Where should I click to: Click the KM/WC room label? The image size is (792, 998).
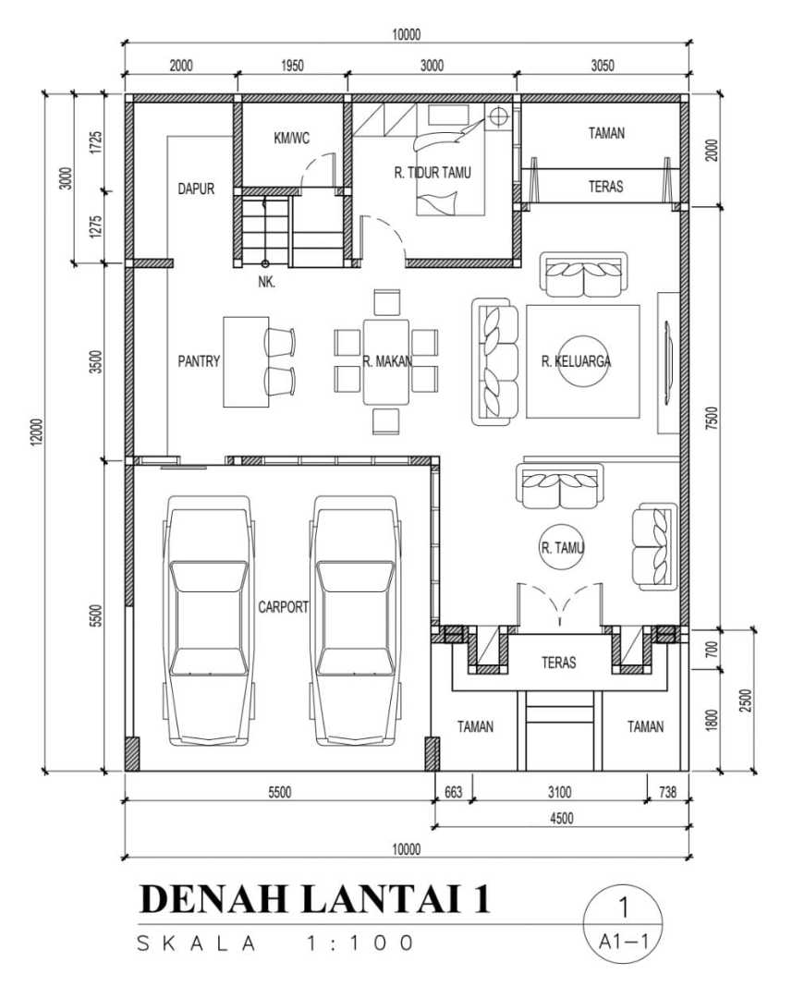tap(292, 138)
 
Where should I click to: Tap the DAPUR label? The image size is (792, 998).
tap(196, 189)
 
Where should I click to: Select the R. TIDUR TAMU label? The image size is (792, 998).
tap(433, 173)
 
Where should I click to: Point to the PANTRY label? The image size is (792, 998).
tap(199, 361)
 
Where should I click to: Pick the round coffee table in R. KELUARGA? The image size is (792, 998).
tap(583, 360)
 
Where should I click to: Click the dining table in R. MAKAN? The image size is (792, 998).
tap(385, 361)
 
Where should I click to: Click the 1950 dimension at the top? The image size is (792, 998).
tap(292, 66)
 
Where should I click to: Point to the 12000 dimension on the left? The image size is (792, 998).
tap(38, 432)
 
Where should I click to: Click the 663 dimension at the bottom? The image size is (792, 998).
tap(454, 792)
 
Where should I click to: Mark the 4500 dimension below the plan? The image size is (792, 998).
tap(562, 818)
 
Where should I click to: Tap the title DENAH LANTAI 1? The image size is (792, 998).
tap(315, 898)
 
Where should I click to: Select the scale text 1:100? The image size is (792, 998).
tap(360, 943)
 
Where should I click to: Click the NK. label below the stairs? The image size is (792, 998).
tap(267, 282)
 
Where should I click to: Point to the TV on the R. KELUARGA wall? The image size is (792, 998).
tap(668, 362)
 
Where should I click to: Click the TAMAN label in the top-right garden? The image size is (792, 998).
tap(606, 133)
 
